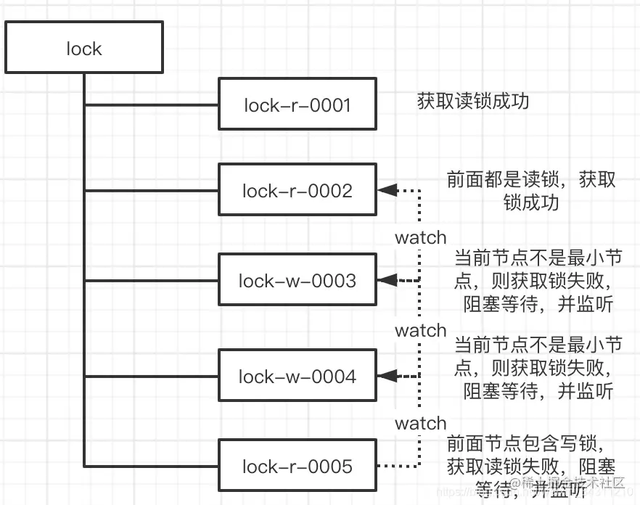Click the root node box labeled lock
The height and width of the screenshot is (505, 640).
(84, 48)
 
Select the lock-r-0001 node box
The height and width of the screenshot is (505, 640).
(298, 105)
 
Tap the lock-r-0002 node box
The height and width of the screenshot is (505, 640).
(298, 191)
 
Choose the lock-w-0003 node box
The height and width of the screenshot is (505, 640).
(298, 280)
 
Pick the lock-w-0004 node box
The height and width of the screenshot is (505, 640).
(298, 376)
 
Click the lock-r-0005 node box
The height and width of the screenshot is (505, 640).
(298, 466)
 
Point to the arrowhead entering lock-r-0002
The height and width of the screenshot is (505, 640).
(387, 191)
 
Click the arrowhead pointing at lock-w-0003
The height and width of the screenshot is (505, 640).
(387, 280)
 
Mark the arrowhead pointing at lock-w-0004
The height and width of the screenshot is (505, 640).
(387, 376)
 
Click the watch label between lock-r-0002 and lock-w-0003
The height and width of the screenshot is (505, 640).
(420, 237)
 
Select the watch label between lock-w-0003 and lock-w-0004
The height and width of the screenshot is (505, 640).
(420, 330)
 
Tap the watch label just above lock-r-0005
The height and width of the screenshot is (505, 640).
(420, 423)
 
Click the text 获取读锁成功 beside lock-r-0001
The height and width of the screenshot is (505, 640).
(473, 102)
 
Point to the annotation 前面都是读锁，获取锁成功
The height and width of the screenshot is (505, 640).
(531, 190)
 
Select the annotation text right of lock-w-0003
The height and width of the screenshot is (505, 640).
(538, 281)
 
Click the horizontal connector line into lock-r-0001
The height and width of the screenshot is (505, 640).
(152, 105)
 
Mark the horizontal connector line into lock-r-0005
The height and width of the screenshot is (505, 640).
(152, 466)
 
